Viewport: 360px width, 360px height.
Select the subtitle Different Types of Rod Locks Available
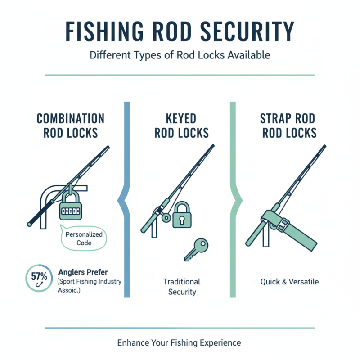click(x=180, y=55)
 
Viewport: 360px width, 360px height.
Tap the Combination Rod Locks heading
click(x=70, y=126)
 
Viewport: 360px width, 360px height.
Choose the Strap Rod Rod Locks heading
click(x=288, y=126)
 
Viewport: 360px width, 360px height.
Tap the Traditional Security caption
click(x=181, y=287)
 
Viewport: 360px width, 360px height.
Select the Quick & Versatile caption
click(x=289, y=282)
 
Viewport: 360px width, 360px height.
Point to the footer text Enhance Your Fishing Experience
click(x=179, y=342)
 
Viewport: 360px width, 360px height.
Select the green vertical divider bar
click(x=233, y=198)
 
